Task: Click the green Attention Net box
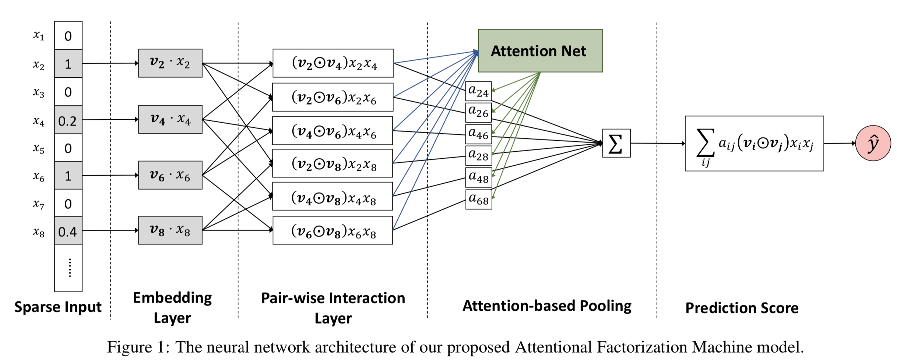[x=540, y=51]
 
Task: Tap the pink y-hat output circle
[x=873, y=143]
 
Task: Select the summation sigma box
[x=616, y=143]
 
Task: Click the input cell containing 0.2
[x=68, y=120]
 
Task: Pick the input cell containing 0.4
[x=68, y=231]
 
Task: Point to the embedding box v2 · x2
[x=170, y=63]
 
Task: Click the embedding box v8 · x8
[x=170, y=230]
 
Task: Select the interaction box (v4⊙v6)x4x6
[x=333, y=131]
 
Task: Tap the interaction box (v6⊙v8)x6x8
[x=333, y=230]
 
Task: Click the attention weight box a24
[x=478, y=91]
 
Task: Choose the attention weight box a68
[x=478, y=199]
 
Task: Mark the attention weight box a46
[x=478, y=134]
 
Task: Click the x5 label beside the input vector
[x=39, y=148]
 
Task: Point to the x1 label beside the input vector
[x=39, y=35]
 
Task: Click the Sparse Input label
[x=58, y=307]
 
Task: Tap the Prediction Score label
[x=742, y=308]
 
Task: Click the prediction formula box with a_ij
[x=754, y=144]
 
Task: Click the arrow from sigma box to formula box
[x=657, y=143]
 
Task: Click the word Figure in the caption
[x=129, y=347]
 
